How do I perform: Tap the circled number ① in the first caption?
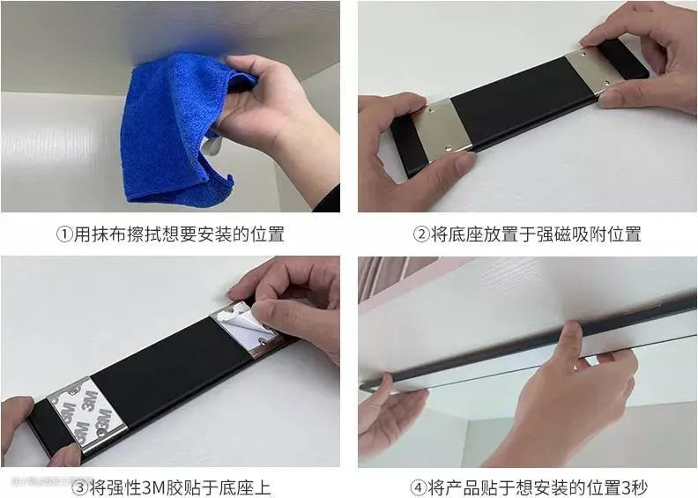[x=64, y=234]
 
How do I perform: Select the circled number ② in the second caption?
[x=421, y=234]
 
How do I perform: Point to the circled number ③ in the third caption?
[x=80, y=487]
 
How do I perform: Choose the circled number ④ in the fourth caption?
[x=418, y=487]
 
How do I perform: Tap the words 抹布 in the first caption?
[x=100, y=234]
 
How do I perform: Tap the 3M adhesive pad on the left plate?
[x=86, y=415]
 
